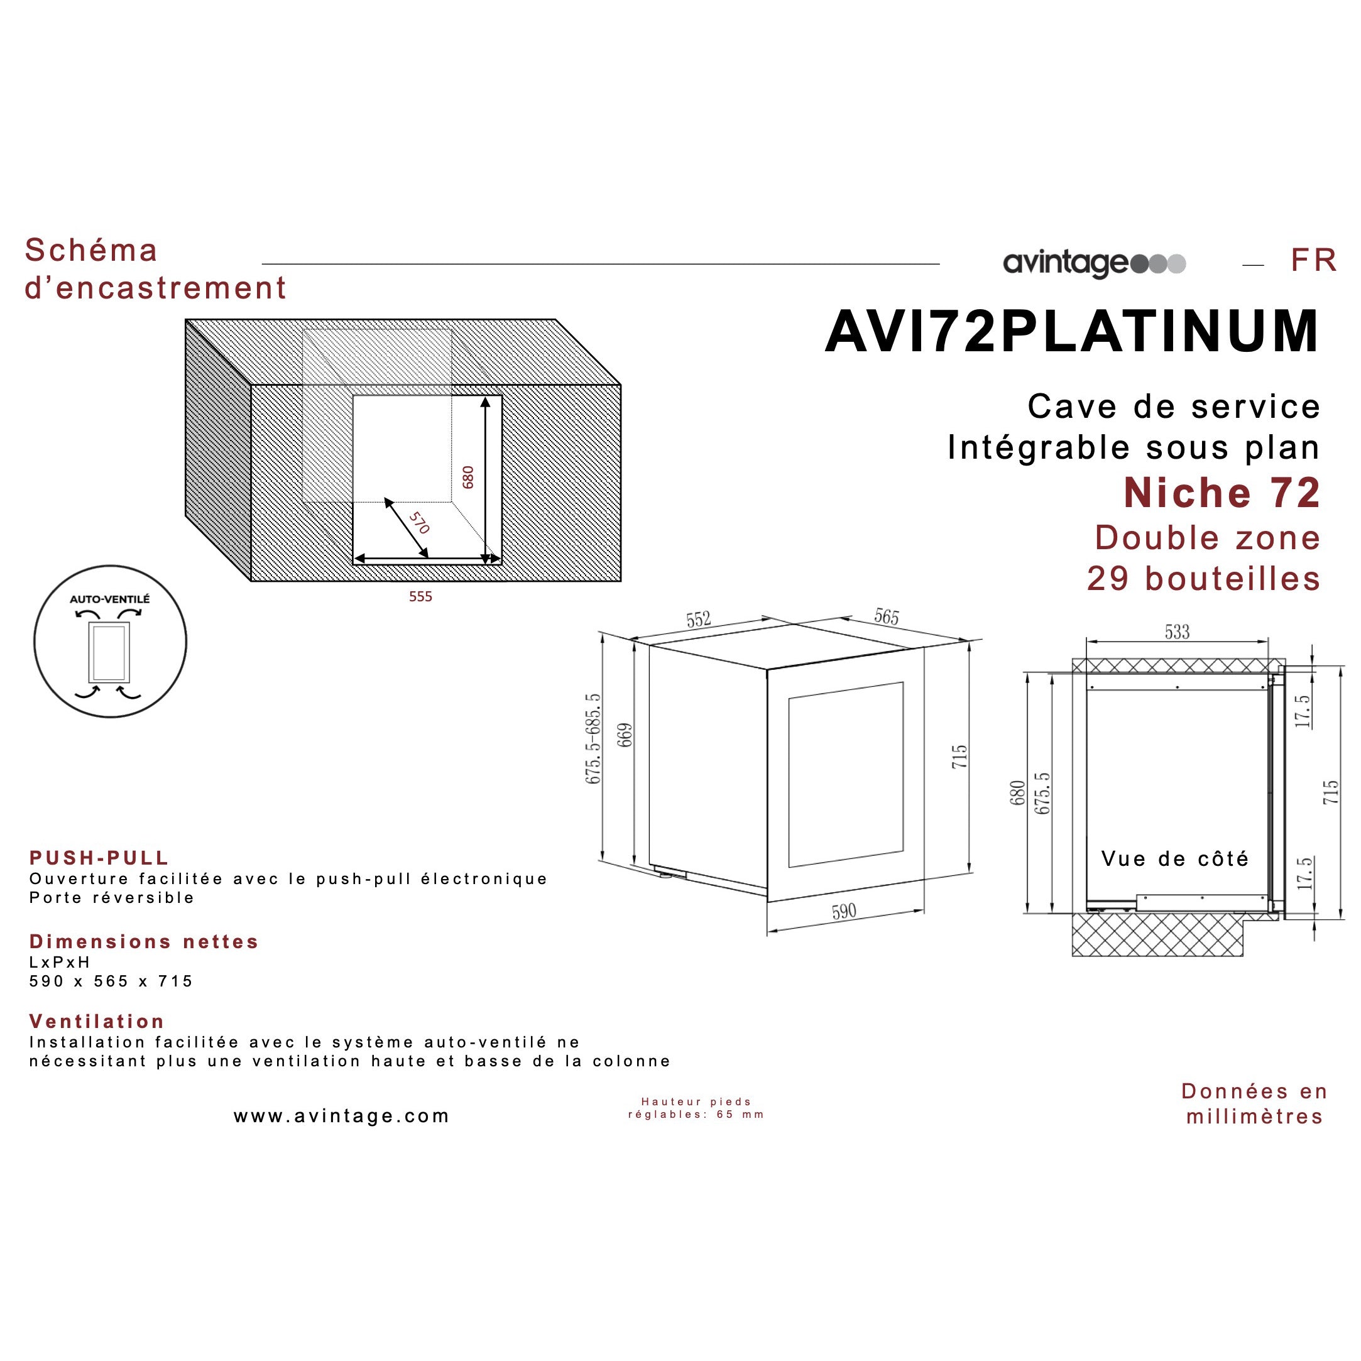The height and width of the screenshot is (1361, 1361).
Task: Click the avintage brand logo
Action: point(1094,263)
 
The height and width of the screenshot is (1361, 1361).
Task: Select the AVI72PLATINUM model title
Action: point(1071,331)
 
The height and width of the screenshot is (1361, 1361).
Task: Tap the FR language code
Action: point(1313,260)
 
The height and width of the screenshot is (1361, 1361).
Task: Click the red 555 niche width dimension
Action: point(420,597)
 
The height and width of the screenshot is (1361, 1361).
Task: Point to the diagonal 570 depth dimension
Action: point(419,523)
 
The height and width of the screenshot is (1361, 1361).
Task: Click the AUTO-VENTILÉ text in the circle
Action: point(110,599)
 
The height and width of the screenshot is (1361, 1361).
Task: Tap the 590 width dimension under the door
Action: point(844,912)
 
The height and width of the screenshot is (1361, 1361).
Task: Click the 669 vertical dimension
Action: point(625,735)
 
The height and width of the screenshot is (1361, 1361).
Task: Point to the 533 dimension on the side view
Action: point(1177,632)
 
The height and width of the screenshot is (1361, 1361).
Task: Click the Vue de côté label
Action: point(1175,859)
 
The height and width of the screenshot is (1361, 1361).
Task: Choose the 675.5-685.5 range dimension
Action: point(593,738)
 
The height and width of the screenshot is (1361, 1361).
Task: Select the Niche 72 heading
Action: point(1222,493)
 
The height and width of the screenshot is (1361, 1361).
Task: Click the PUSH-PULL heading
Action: point(99,858)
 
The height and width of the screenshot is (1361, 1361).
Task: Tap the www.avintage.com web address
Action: point(342,1116)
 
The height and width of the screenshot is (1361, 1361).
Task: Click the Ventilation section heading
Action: point(97,1022)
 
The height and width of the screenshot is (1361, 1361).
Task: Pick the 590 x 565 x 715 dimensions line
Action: point(111,981)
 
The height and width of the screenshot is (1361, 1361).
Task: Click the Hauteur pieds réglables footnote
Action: point(696,1108)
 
